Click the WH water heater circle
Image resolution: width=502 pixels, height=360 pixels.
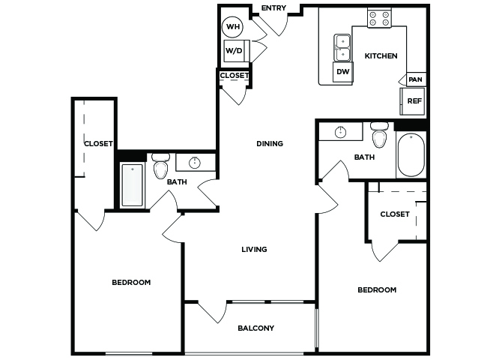[x=233, y=26]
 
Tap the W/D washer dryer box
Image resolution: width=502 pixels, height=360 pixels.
[x=237, y=51]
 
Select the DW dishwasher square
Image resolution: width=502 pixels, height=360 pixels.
[x=343, y=72]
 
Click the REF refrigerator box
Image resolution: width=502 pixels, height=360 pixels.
[x=413, y=101]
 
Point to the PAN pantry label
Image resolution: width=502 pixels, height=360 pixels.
[x=415, y=79]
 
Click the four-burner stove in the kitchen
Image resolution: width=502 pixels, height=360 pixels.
[x=379, y=18]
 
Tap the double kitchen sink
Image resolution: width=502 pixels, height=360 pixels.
[x=343, y=48]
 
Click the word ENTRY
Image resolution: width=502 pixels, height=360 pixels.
[x=273, y=8]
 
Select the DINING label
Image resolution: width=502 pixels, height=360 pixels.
[x=270, y=143]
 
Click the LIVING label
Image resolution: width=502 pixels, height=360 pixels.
[x=254, y=250]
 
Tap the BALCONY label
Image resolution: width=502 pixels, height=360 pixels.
[x=256, y=328]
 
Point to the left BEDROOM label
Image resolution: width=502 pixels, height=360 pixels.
[x=131, y=283]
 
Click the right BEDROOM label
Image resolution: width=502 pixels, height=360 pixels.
[x=377, y=290]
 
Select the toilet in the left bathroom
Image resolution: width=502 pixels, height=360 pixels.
[x=161, y=166]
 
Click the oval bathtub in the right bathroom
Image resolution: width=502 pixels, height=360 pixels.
[x=411, y=155]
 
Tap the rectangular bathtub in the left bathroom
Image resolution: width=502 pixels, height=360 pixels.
[x=132, y=185]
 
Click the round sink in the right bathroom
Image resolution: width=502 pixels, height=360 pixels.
[x=340, y=132]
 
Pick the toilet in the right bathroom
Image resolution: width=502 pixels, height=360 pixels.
[x=379, y=135]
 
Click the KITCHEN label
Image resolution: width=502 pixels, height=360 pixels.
[x=381, y=56]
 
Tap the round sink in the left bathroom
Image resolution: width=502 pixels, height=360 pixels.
[x=195, y=163]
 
